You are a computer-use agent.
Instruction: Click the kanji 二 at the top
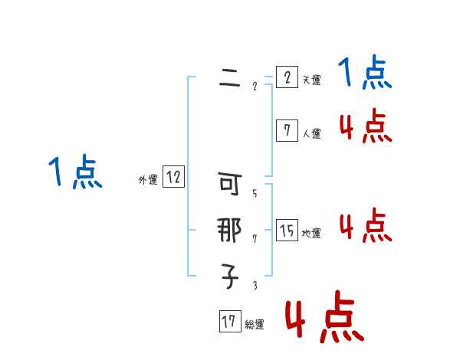click(230, 78)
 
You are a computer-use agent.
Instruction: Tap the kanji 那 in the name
click(230, 231)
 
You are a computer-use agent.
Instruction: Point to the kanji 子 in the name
click(230, 276)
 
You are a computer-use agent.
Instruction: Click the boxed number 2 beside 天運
click(287, 77)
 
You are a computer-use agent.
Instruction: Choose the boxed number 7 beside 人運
click(287, 131)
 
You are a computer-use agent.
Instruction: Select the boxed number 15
click(287, 231)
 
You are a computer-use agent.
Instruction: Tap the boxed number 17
click(229, 322)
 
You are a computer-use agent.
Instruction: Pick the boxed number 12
click(173, 178)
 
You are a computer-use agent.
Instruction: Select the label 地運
click(311, 234)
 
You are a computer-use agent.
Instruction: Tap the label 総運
click(255, 325)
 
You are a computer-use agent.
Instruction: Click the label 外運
click(148, 181)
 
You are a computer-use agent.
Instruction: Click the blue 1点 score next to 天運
click(365, 74)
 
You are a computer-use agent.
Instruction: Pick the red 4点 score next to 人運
click(365, 126)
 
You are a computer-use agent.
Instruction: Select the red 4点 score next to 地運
click(365, 226)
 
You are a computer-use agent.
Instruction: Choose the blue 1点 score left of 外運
click(75, 172)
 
